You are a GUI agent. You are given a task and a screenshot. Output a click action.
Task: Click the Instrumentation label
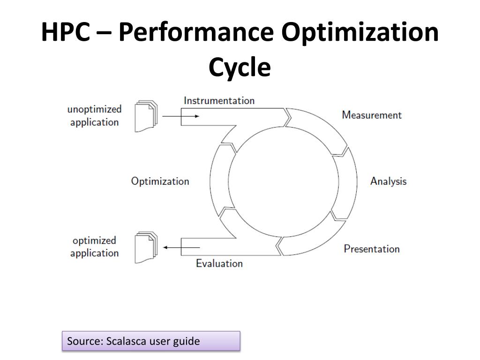point(219,100)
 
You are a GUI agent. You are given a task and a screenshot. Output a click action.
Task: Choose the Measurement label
point(372,115)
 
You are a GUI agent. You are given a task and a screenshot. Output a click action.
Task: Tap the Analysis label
point(388,181)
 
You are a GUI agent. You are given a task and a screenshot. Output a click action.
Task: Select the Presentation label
point(372,248)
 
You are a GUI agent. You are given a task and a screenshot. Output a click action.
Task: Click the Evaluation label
point(219,263)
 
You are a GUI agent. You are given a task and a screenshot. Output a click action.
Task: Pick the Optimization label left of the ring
point(160,181)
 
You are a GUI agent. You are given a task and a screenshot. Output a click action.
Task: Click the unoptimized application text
point(94,115)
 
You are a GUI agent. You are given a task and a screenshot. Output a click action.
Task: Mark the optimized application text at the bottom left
point(94,247)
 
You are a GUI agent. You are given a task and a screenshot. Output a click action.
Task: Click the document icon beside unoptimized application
point(146,116)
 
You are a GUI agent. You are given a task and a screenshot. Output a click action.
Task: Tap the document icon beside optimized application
point(146,247)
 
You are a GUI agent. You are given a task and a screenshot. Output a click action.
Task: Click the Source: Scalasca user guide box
point(151,341)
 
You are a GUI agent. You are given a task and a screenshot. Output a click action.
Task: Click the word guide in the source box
point(186,341)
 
